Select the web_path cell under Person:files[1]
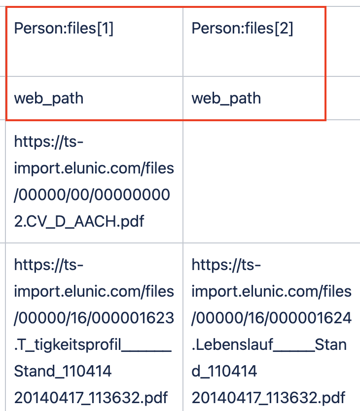click(x=49, y=98)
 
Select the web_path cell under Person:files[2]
click(x=226, y=98)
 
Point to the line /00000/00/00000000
click(x=92, y=195)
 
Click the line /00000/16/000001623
click(x=94, y=317)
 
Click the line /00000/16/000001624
click(x=271, y=317)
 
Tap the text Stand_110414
click(x=63, y=370)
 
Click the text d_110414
click(x=224, y=370)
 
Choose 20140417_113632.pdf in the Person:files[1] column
click(x=91, y=397)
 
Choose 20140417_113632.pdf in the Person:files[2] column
click(x=268, y=397)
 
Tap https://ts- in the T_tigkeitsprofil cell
click(x=49, y=265)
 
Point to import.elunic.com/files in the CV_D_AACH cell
click(x=94, y=169)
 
